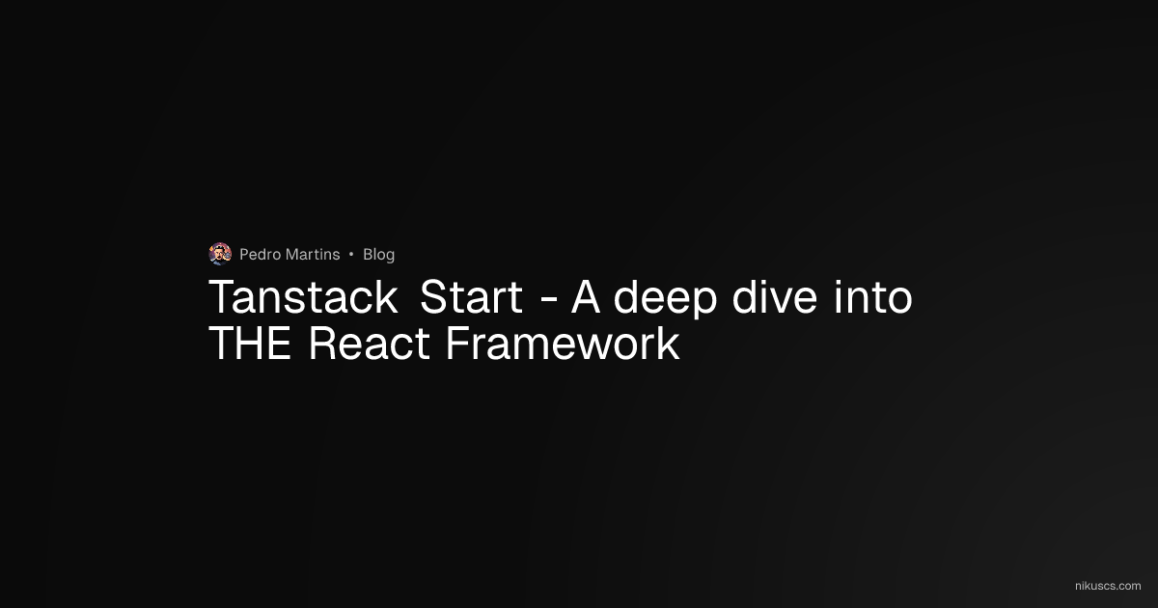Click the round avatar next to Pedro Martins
pyautogui.click(x=220, y=254)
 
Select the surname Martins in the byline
pyautogui.click(x=314, y=255)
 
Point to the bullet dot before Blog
pyautogui.click(x=351, y=255)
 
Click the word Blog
pyautogui.click(x=378, y=255)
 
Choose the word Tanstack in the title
pyautogui.click(x=303, y=297)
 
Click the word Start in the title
pyautogui.click(x=471, y=297)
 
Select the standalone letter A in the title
pyautogui.click(x=587, y=297)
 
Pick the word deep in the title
pyautogui.click(x=666, y=299)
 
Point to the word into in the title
pyautogui.click(x=873, y=297)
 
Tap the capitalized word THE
pyautogui.click(x=250, y=345)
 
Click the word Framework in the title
pyautogui.click(x=563, y=345)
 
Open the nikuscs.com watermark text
pyautogui.click(x=1107, y=586)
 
